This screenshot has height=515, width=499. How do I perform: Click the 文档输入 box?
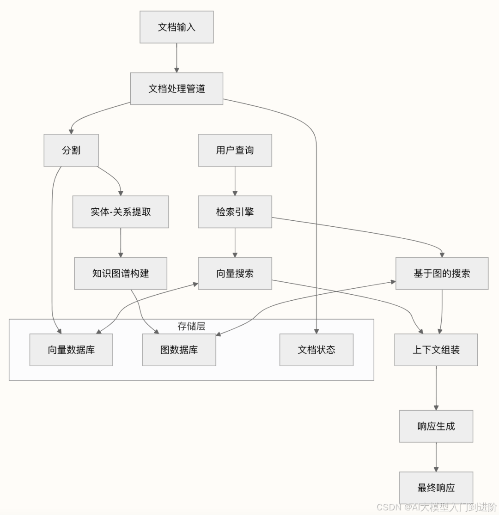point(176,27)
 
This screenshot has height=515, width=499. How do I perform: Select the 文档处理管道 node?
point(176,89)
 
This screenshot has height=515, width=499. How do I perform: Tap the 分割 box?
point(71,150)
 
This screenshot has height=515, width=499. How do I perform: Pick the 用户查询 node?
point(235,150)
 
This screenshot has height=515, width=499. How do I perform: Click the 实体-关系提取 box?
point(121,212)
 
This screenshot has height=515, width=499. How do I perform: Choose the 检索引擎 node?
point(235,212)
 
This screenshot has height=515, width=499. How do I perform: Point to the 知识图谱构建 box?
point(121,273)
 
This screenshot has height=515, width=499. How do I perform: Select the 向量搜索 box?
point(235,273)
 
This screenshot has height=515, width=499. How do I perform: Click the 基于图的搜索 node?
point(442,273)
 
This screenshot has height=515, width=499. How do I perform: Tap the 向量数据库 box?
point(71,350)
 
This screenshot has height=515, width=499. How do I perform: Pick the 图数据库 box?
point(179,350)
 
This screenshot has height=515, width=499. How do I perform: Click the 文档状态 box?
point(316,350)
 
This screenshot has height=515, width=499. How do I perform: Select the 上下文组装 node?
point(436,350)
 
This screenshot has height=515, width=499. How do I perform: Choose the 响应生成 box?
point(436,426)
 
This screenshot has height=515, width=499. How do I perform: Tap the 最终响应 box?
point(436,488)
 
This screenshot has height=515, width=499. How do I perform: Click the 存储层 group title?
point(191,327)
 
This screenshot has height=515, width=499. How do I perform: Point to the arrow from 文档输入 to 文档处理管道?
point(176,58)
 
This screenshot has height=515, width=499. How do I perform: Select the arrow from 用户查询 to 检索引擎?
point(235,181)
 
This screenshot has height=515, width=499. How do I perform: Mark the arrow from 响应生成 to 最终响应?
point(436,457)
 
